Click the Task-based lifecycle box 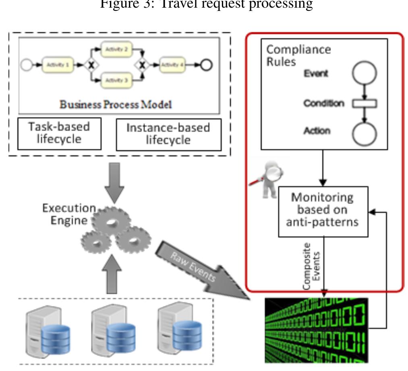point(59,133)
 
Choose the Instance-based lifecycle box point(168,134)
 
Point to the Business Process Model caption point(116,105)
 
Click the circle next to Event point(364,74)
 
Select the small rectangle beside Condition point(364,104)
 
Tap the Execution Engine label point(68,214)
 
